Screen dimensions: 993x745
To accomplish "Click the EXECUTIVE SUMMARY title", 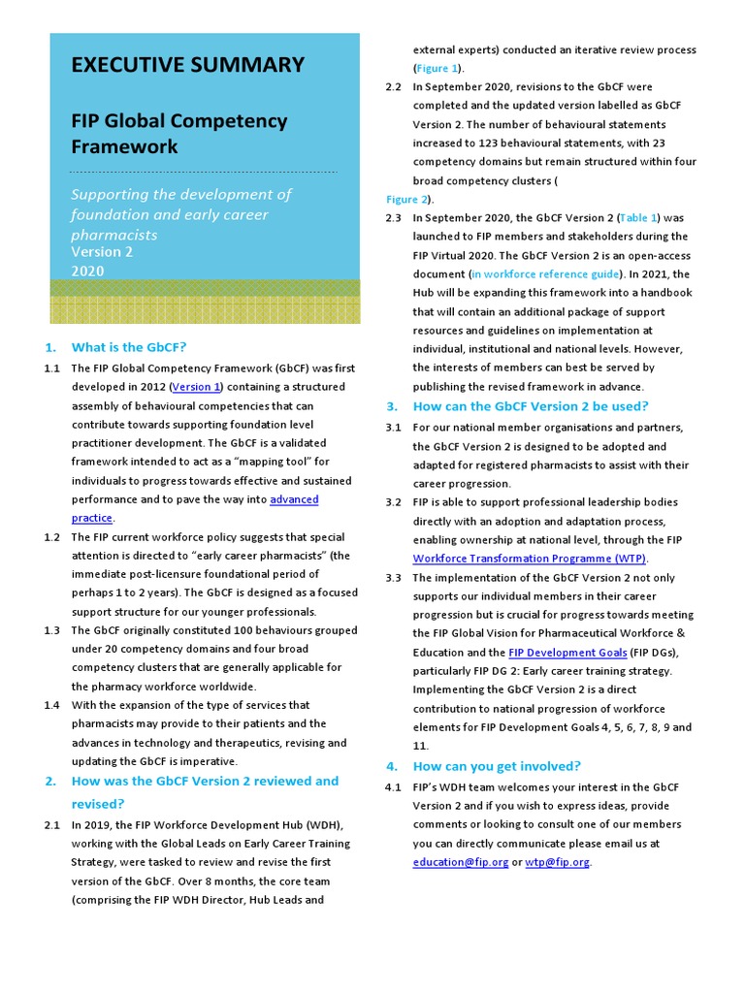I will tap(187, 65).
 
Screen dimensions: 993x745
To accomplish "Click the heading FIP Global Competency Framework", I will tap(179, 134).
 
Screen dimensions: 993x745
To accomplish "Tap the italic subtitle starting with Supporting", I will tap(181, 214).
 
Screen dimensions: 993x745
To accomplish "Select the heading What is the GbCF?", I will tap(129, 347).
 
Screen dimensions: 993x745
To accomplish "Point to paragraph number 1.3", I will tap(52, 630).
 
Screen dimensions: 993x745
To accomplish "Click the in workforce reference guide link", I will tap(546, 274).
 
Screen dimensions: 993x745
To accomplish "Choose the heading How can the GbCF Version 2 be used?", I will tap(531, 406).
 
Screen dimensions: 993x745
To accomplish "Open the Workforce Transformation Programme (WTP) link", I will tap(530, 559).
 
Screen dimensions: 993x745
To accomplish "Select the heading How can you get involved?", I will tap(497, 766).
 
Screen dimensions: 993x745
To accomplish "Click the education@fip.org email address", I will tap(460, 862).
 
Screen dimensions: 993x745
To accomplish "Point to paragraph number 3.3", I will tap(393, 578).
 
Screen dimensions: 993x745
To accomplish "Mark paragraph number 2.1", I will tap(52, 825).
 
